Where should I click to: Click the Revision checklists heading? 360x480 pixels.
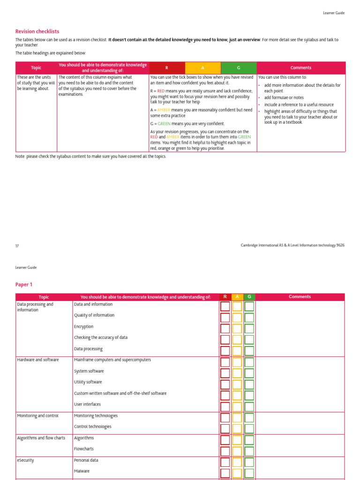tap(37, 31)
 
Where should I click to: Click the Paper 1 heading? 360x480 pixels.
tap(24, 285)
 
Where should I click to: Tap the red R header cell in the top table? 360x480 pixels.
tap(167, 68)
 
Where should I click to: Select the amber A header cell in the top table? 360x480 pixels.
tap(202, 68)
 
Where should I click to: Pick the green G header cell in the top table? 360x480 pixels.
tap(239, 68)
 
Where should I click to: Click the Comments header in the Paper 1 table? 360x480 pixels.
tap(300, 297)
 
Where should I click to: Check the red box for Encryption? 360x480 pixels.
tap(225, 329)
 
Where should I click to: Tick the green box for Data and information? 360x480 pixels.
tap(249, 307)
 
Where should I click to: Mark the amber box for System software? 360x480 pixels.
tap(237, 373)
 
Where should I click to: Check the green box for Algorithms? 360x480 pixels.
tap(249, 440)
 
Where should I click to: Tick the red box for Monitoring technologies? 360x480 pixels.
tap(225, 418)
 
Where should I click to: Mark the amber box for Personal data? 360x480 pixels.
tap(237, 462)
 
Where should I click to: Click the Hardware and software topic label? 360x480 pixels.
tap(38, 360)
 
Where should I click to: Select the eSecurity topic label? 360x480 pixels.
tap(26, 460)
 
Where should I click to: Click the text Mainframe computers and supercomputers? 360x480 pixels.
tap(112, 360)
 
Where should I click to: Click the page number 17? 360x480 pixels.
tap(17, 246)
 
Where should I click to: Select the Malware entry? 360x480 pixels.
tap(82, 471)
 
